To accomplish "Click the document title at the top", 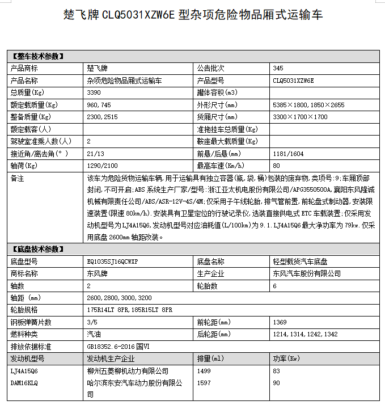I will coord(193,14).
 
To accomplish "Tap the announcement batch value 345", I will coord(278,68).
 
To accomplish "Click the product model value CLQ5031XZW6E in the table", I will coord(293,81).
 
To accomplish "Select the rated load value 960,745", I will coord(99,105).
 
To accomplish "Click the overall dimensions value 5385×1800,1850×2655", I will coord(308,105).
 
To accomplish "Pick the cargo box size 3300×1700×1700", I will coord(300,117).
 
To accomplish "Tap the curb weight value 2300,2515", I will coord(102,117).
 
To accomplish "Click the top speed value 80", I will coord(277,166).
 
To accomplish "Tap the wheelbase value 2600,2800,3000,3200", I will coord(120,298).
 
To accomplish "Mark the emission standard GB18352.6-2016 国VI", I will coord(119,347).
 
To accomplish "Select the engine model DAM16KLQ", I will coord(24,383).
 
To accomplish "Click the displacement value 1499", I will coord(204,371).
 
